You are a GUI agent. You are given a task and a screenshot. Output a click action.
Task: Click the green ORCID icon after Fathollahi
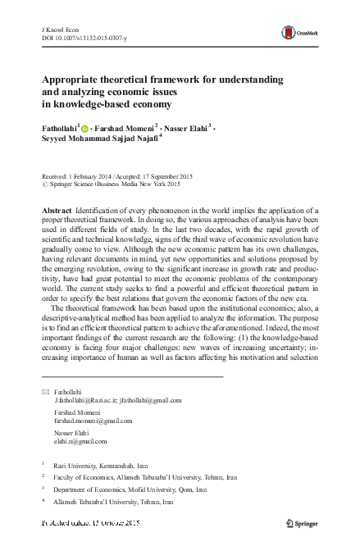pos(85,128)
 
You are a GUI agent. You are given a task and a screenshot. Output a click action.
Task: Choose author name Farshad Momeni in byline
pos(125,128)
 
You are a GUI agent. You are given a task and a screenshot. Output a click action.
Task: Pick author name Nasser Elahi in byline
pos(188,128)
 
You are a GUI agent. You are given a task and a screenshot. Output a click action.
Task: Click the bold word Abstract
pos(57,212)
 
